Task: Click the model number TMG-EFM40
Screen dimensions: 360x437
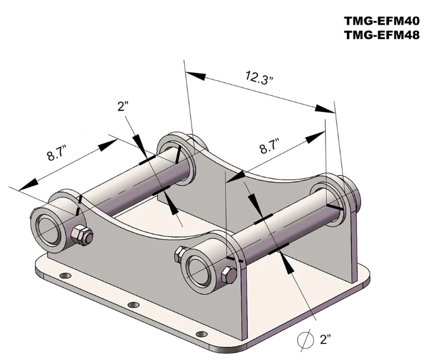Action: tap(381, 21)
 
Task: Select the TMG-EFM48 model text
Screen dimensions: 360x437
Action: tap(381, 35)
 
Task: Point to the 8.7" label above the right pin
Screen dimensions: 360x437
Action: tap(271, 146)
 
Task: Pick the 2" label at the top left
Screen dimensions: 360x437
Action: tap(123, 106)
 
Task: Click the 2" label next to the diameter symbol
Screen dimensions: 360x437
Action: tap(326, 340)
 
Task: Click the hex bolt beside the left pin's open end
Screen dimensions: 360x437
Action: tap(81, 235)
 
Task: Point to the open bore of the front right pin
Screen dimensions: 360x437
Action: tap(199, 267)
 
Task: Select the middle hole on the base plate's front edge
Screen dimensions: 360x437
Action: tap(134, 305)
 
